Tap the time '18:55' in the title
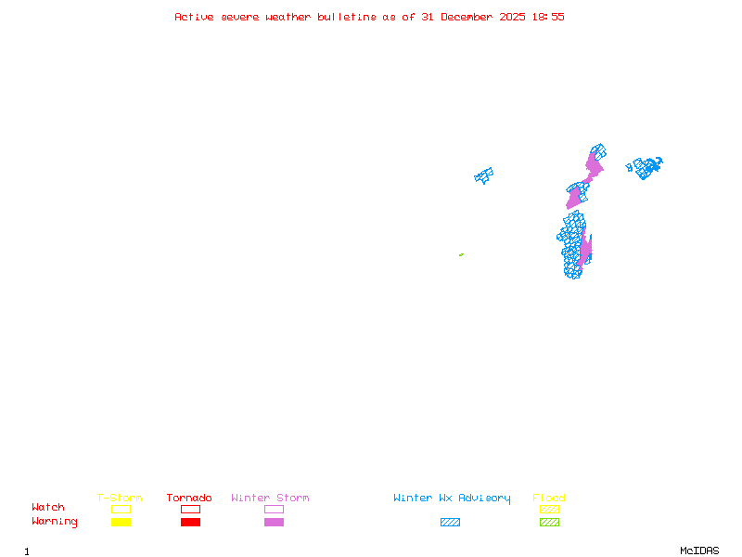(x=547, y=17)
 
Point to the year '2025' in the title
(x=512, y=17)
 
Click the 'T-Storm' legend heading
(x=120, y=499)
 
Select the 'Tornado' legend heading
(x=189, y=499)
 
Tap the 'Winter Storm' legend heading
(x=270, y=499)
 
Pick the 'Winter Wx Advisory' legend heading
(x=452, y=499)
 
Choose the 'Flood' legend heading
(x=549, y=499)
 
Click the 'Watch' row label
(x=48, y=508)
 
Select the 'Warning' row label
(x=55, y=522)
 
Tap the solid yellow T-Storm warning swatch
(x=121, y=523)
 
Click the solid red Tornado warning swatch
(x=190, y=523)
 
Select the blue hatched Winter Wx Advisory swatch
(x=450, y=523)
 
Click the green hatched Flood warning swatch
(x=549, y=523)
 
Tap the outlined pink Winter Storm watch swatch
(x=274, y=510)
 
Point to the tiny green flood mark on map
(x=461, y=254)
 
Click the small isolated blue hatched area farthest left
(x=483, y=175)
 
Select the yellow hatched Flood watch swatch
(x=549, y=510)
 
